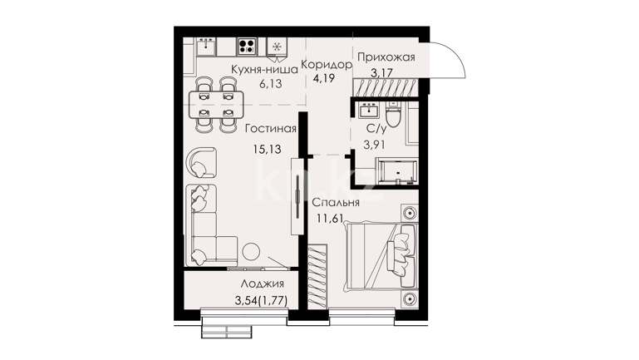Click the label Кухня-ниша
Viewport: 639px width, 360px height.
click(264, 69)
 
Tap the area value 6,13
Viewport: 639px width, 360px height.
click(271, 84)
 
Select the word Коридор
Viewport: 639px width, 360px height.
click(327, 64)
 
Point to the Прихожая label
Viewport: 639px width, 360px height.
click(386, 57)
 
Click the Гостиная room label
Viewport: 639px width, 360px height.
click(271, 129)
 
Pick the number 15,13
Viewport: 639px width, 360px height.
click(268, 149)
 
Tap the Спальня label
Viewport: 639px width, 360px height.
click(336, 203)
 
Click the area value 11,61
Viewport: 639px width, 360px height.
click(331, 219)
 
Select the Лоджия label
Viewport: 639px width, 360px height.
click(262, 284)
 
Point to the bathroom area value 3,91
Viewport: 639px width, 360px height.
click(375, 145)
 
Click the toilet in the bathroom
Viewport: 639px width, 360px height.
click(393, 114)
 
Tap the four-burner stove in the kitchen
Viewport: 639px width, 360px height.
click(247, 46)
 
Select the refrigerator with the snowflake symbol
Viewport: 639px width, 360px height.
click(277, 47)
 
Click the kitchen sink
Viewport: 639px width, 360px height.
click(207, 46)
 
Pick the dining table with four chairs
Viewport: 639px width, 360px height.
click(216, 105)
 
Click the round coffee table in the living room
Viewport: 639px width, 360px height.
click(251, 252)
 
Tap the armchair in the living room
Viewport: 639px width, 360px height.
click(202, 162)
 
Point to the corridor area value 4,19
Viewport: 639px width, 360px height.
click(323, 78)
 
